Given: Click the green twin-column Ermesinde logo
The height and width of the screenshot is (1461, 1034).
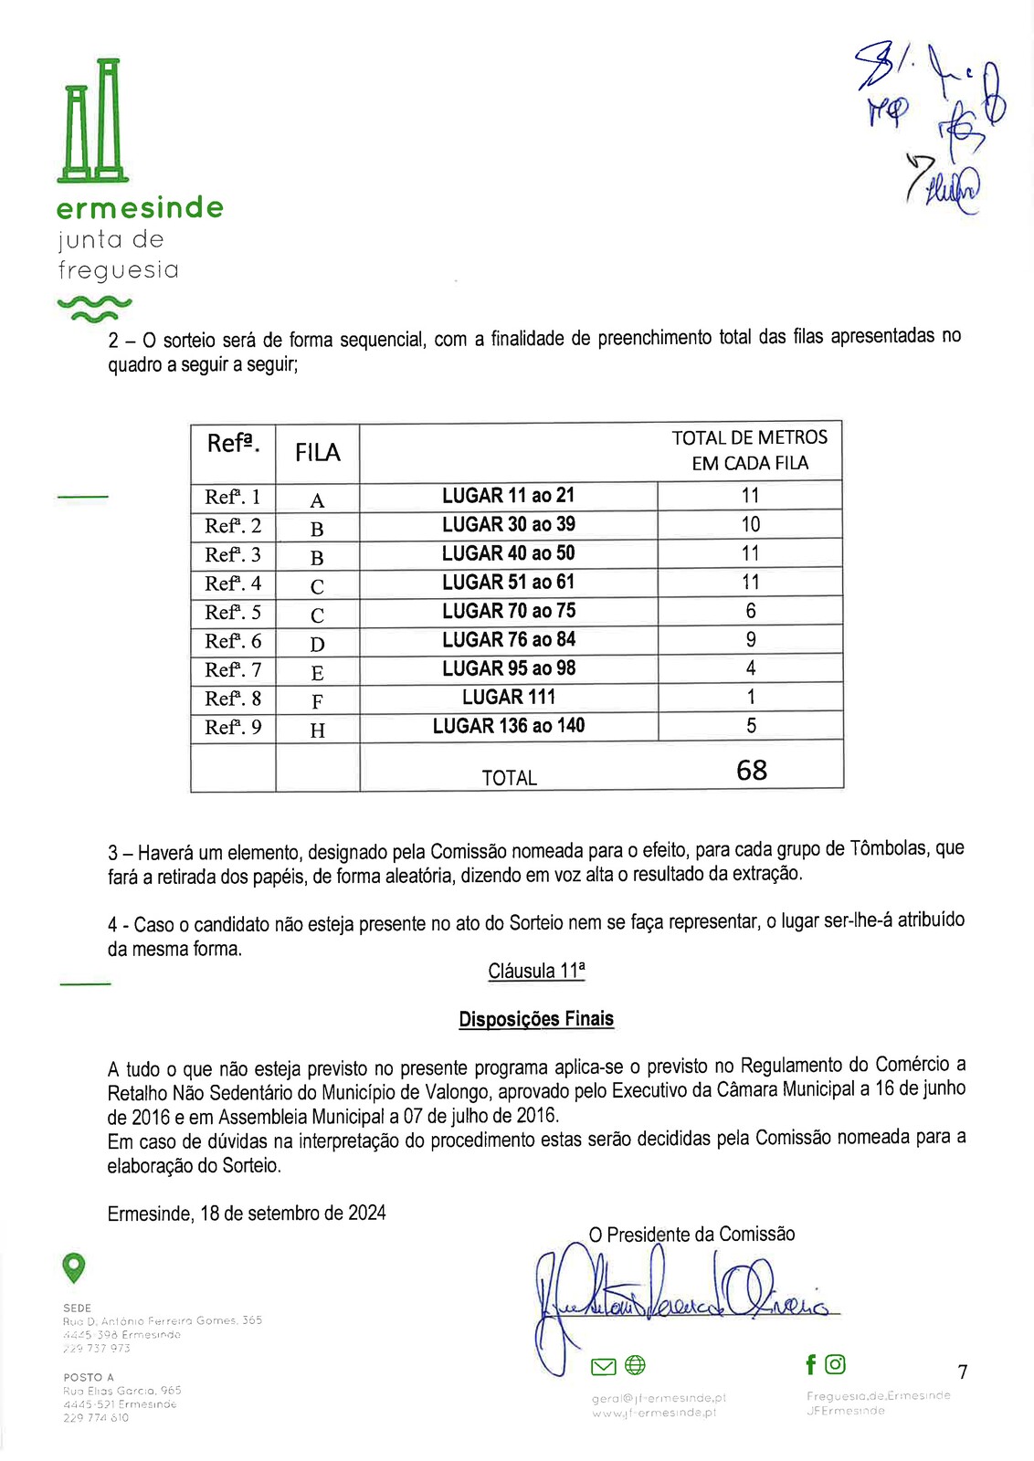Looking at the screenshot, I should (x=93, y=120).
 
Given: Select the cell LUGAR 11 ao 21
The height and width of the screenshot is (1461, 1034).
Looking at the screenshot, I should (x=508, y=496).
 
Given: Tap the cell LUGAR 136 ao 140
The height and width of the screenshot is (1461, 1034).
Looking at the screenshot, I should (x=508, y=726).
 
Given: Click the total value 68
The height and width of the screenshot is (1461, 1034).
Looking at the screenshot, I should (x=751, y=771).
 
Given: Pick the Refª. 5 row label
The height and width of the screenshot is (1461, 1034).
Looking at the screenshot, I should (x=233, y=612).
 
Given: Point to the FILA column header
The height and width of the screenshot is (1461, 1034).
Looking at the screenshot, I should (x=317, y=453).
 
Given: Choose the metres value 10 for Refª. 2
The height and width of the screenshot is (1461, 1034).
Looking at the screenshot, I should (x=750, y=524).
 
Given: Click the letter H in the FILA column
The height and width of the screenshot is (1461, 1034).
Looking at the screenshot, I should (x=317, y=730).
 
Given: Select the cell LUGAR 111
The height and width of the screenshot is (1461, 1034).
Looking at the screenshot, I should (x=508, y=698).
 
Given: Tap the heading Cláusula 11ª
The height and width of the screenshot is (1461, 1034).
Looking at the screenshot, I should (x=536, y=971).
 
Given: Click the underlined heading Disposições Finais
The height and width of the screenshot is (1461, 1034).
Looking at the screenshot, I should (x=536, y=1019).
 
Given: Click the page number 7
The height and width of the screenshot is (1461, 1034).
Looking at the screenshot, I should (x=962, y=1372).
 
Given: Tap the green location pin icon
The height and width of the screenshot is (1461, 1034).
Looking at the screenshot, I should (x=73, y=1267).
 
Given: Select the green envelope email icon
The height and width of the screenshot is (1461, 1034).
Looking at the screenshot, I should (x=603, y=1366).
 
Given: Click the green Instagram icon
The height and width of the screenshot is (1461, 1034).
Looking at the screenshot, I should (x=835, y=1364).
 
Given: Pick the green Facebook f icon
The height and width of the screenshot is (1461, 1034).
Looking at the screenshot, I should (x=810, y=1364).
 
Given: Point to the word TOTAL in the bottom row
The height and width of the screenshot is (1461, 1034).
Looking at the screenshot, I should (x=509, y=778).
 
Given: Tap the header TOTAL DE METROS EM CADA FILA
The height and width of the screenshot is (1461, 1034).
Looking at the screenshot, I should (x=749, y=450).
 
